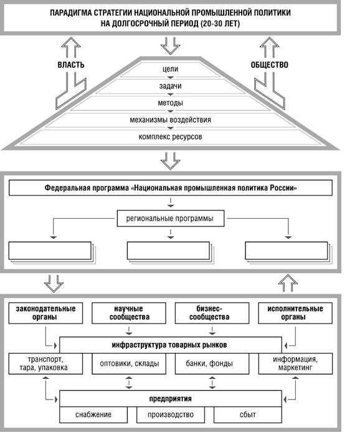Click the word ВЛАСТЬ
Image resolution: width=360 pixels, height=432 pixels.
pos(71,65)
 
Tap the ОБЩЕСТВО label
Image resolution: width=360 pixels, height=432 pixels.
pos(270,65)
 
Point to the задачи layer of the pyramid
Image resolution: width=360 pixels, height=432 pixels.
pos(171,86)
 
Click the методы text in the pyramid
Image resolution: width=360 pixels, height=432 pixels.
pos(171,103)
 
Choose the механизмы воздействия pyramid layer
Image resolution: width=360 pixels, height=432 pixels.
pos(171,120)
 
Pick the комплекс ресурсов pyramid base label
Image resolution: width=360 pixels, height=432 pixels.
pos(171,137)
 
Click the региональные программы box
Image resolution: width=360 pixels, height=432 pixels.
pos(171,218)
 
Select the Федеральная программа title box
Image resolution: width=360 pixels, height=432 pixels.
pos(171,188)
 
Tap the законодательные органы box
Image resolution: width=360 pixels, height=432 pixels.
pos(45,313)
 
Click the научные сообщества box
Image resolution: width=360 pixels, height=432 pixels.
pos(129,313)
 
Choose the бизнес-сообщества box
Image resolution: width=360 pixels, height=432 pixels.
pos(212,313)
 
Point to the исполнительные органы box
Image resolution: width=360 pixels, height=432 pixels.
pos(295,313)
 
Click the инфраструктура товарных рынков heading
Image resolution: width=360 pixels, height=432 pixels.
pos(169,345)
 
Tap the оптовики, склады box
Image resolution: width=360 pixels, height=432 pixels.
pos(129,363)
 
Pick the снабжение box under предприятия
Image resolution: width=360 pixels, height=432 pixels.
pos(93,415)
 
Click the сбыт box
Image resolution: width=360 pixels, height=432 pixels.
pos(248,415)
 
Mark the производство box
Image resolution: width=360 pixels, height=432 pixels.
pos(171,415)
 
